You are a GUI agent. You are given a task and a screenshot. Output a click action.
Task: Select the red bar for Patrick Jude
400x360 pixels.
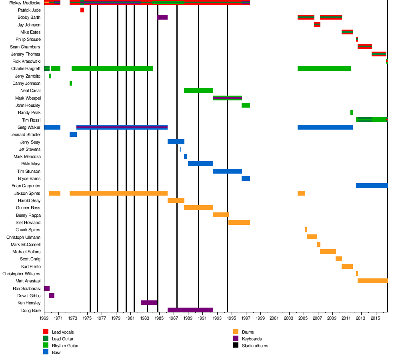pyautogui.click(x=82, y=10)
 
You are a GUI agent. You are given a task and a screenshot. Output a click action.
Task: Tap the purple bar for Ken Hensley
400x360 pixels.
pyautogui.click(x=149, y=303)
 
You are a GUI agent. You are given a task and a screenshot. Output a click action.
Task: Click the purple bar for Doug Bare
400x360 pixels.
pyautogui.click(x=190, y=310)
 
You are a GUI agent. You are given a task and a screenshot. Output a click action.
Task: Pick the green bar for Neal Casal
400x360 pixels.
pyautogui.click(x=198, y=90)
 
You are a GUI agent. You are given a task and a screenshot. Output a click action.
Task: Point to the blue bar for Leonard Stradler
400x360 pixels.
pyautogui.click(x=73, y=134)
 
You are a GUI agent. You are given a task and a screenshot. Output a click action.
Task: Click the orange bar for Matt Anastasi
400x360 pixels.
pyautogui.click(x=372, y=281)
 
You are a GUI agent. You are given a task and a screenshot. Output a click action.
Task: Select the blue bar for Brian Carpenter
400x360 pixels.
pyautogui.click(x=372, y=186)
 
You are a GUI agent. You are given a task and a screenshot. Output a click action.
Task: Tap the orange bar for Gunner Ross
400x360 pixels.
pyautogui.click(x=198, y=208)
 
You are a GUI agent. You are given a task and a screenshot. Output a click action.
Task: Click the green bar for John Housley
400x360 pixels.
pyautogui.click(x=246, y=105)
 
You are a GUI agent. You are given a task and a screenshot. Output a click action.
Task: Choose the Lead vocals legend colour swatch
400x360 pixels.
pyautogui.click(x=46, y=332)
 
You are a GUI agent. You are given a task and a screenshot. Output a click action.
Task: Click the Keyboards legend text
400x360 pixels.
pyautogui.click(x=252, y=339)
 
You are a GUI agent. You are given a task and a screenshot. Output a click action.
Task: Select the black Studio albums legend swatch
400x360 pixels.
pyautogui.click(x=236, y=345)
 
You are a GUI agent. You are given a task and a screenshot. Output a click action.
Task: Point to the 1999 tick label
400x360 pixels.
pyautogui.click(x=260, y=318)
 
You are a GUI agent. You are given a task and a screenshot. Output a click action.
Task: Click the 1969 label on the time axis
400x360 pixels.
pyautogui.click(x=44, y=318)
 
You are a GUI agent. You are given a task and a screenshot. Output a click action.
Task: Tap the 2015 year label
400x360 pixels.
pyautogui.click(x=375, y=318)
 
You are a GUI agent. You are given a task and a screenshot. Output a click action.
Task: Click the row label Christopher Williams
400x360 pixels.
pyautogui.click(x=21, y=274)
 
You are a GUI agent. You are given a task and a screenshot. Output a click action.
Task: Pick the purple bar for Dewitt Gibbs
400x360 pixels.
pyautogui.click(x=52, y=296)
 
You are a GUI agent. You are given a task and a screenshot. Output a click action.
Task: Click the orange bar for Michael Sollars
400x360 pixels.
pyautogui.click(x=328, y=252)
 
